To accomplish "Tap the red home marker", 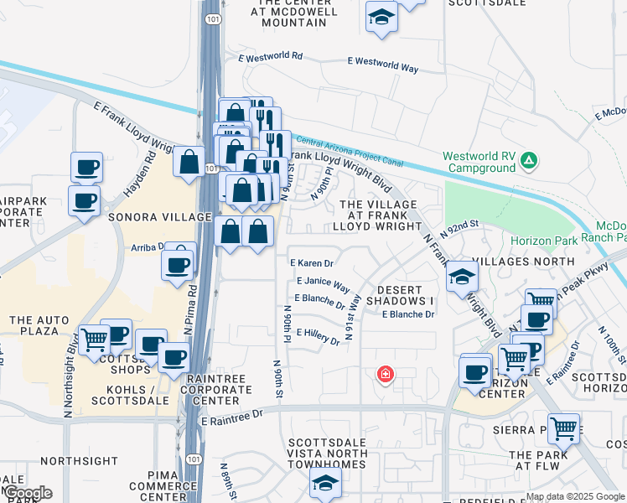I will pyautogui.click(x=385, y=373).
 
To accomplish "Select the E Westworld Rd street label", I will pyautogui.click(x=270, y=56).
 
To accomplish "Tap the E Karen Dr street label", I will pyautogui.click(x=312, y=263).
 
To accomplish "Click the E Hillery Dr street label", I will pyautogui.click(x=317, y=336).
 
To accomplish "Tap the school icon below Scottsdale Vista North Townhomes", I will pyautogui.click(x=326, y=482).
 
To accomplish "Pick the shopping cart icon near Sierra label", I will pyautogui.click(x=564, y=428).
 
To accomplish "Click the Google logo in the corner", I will pyautogui.click(x=27, y=493).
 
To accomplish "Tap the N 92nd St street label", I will pyautogui.click(x=458, y=228).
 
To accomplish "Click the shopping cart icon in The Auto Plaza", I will pyautogui.click(x=95, y=340).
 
